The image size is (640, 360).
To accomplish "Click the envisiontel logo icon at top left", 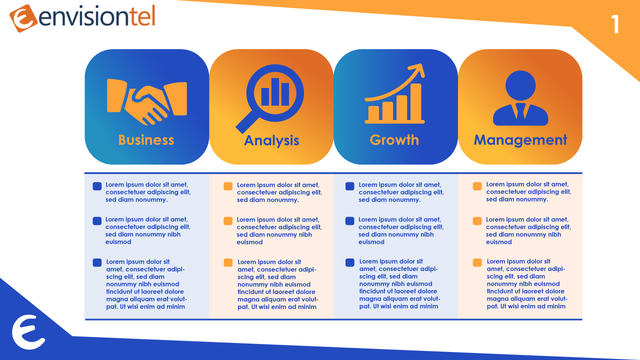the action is [23, 18].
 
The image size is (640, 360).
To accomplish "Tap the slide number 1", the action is [615, 24].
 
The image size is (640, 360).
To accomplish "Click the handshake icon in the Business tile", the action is [147, 101].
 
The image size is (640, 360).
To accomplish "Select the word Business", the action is [146, 140].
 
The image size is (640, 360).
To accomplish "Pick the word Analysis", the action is [271, 140].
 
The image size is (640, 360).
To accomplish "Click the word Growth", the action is [394, 140].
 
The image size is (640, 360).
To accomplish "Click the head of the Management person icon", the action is [520, 85].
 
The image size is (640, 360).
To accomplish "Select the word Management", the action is [520, 140].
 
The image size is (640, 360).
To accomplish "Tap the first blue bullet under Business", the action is [97, 186].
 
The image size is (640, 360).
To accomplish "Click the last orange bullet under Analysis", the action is [228, 262].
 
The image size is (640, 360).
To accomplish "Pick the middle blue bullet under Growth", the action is [349, 221].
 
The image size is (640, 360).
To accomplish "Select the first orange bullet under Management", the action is [477, 186].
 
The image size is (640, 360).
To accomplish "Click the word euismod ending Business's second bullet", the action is [118, 242].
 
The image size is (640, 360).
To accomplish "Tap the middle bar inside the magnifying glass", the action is [275, 91].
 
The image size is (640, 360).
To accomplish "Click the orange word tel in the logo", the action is [142, 16].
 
